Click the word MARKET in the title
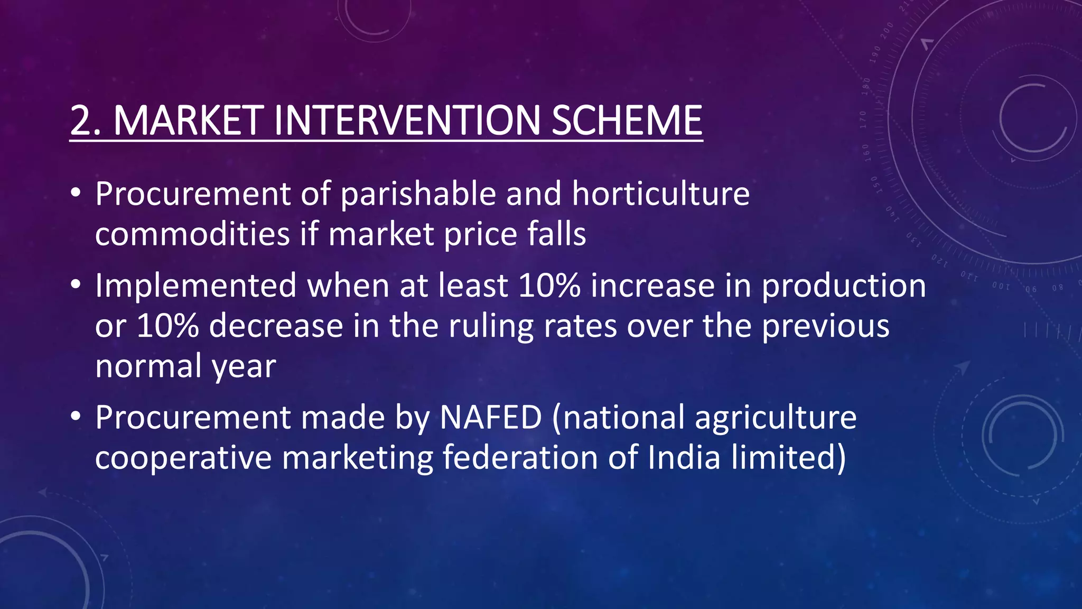189,121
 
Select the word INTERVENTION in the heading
407,121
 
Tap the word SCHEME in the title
627,121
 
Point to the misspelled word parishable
418,194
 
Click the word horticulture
660,194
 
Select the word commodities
192,234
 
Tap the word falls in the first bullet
556,234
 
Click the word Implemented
196,286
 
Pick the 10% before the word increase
549,286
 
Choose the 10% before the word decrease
167,326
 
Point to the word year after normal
244,366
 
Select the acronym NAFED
491,418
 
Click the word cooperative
183,458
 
